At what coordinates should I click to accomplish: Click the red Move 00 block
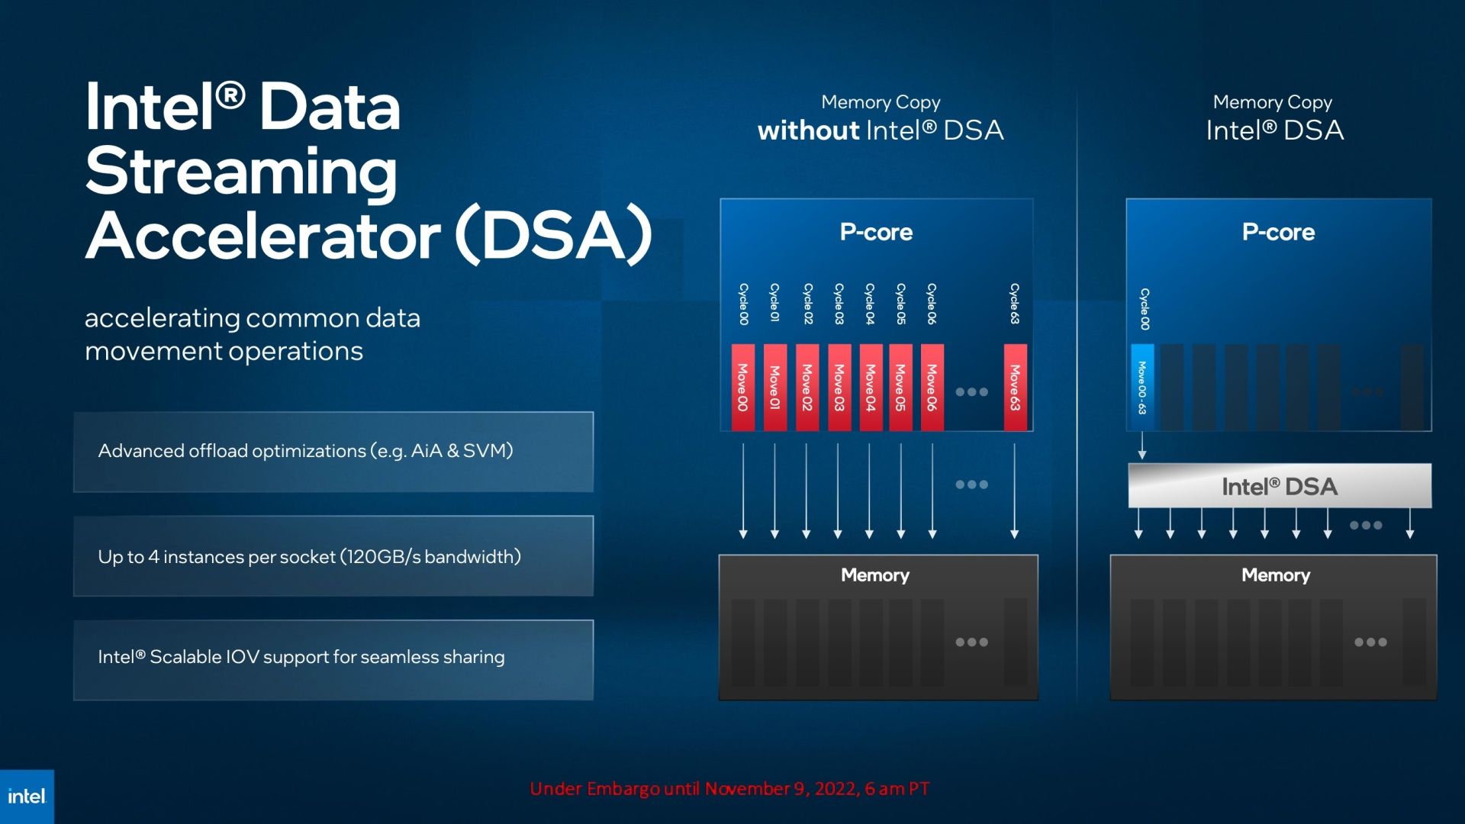743,388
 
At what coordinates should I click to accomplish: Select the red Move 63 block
1015,388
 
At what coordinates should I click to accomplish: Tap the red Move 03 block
839,388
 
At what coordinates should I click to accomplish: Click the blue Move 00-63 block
1142,388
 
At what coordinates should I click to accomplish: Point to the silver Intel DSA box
1280,486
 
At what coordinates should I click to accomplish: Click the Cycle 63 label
1015,304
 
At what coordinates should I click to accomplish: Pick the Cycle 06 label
932,304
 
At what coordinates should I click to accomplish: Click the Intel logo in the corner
27,797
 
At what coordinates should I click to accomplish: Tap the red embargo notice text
729,789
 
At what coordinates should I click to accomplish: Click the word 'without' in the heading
809,130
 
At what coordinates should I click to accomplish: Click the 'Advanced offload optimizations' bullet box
333,452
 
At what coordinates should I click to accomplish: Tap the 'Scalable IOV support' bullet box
333,660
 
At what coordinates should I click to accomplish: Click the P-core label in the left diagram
876,232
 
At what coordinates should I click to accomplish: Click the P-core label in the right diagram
1278,232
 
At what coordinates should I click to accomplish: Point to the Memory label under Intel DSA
1276,575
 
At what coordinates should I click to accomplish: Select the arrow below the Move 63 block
1015,491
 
